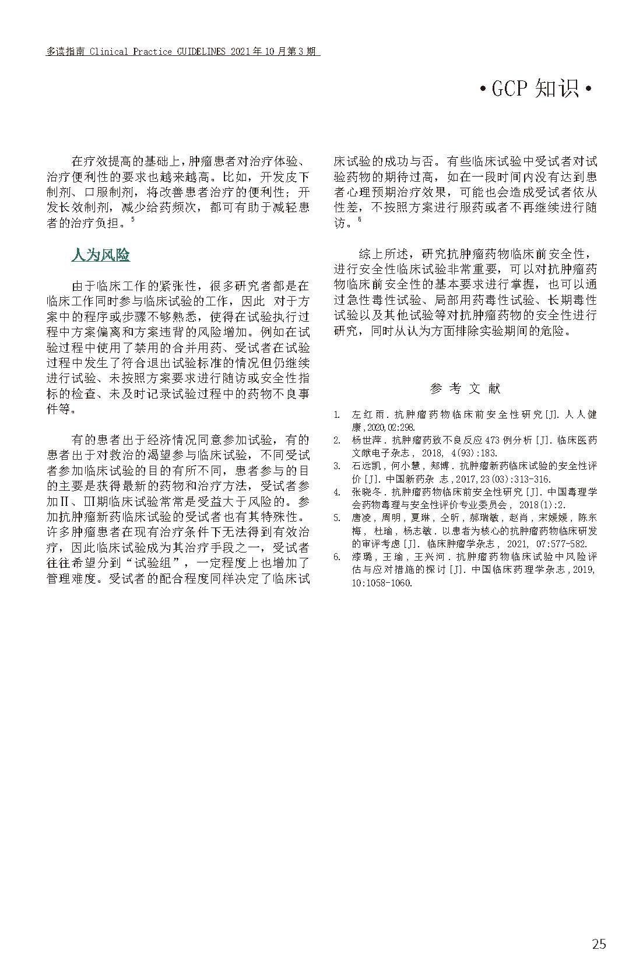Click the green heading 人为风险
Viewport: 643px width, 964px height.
tap(100, 255)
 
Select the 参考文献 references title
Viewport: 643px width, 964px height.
tap(465, 388)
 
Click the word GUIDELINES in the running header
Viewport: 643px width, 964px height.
tap(201, 52)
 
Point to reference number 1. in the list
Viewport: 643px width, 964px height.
tap(337, 414)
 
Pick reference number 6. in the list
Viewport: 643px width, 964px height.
tap(337, 557)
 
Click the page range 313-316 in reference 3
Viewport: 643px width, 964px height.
tap(529, 479)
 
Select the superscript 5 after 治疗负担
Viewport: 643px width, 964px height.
tap(133, 219)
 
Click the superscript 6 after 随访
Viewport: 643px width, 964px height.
tap(360, 219)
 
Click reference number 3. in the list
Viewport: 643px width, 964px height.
tap(337, 466)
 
